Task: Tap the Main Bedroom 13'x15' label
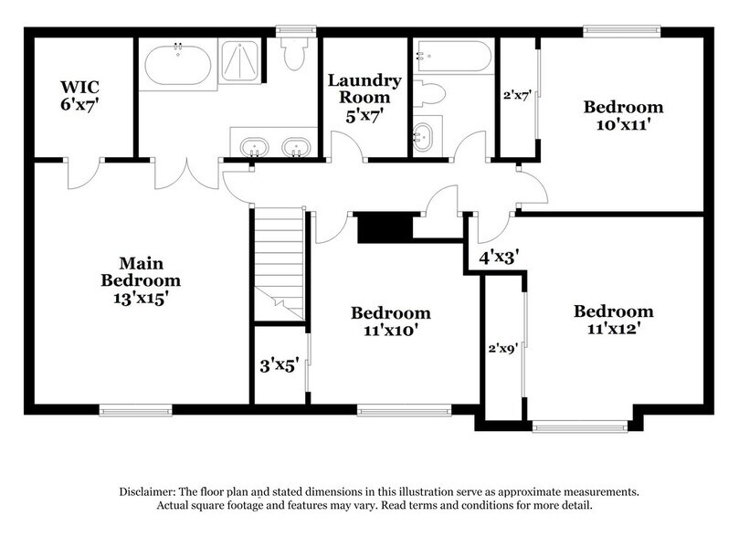click(x=140, y=280)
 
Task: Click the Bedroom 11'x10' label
click(x=390, y=321)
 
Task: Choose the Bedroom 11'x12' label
click(x=613, y=320)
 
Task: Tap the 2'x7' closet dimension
click(x=517, y=93)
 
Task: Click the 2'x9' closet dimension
click(x=503, y=347)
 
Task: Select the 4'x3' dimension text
click(x=499, y=257)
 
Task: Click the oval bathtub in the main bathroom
click(x=177, y=64)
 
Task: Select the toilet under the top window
click(x=294, y=55)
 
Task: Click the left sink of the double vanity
click(x=251, y=147)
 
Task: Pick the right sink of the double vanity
click(x=294, y=147)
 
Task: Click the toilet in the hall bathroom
click(x=431, y=92)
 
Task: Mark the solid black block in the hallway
click(x=385, y=227)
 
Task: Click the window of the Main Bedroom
click(x=135, y=410)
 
